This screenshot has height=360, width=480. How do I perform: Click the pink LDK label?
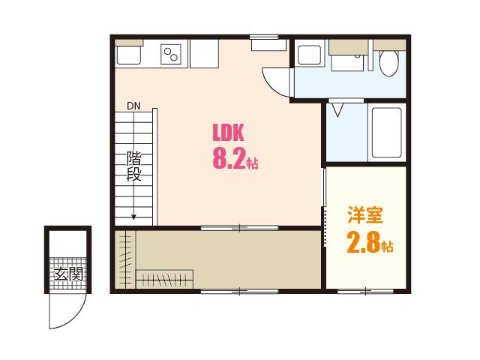point(228,132)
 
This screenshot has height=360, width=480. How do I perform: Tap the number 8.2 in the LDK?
point(229,159)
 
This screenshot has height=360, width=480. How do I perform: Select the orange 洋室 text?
point(365,215)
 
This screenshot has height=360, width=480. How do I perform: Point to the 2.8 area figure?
point(364,241)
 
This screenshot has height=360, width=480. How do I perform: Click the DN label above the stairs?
point(133,106)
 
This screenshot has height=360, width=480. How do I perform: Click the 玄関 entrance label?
point(68,274)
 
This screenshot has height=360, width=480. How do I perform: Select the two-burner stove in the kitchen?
point(171,55)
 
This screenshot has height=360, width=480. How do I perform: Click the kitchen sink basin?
point(129,55)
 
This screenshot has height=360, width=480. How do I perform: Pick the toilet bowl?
point(388,63)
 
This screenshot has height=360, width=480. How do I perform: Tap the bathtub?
point(386,132)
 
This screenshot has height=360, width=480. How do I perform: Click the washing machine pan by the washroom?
point(310,55)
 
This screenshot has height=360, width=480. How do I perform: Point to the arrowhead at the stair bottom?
point(133,217)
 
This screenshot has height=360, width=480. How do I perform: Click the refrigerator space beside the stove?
point(204,53)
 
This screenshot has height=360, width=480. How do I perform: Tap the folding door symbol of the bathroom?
point(337,110)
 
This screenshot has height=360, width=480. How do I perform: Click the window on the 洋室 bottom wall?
point(365,292)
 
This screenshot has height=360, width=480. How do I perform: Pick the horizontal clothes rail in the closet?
point(164,279)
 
